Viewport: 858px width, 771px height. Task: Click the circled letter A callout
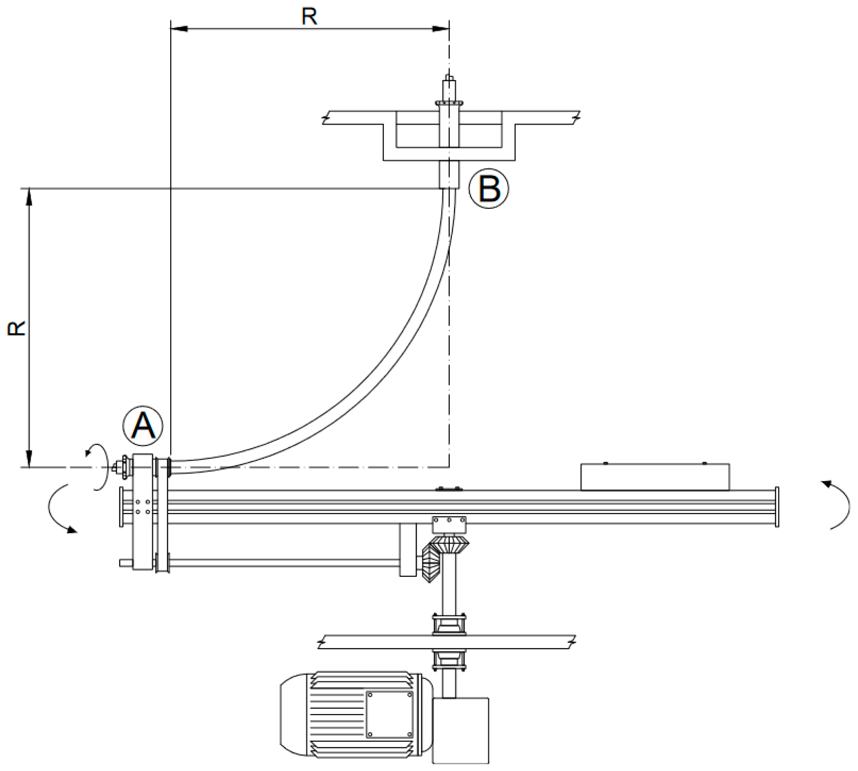tap(143, 426)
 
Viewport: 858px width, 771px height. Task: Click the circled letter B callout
tap(489, 189)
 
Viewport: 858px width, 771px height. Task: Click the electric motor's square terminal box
tap(389, 715)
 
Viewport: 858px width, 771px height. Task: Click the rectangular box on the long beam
tap(655, 476)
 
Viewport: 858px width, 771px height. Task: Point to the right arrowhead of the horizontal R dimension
tap(440, 29)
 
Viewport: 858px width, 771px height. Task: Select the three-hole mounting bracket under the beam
tap(449, 524)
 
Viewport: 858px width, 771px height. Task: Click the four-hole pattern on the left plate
tap(143, 506)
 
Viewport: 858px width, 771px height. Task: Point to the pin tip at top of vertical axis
tap(448, 77)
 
